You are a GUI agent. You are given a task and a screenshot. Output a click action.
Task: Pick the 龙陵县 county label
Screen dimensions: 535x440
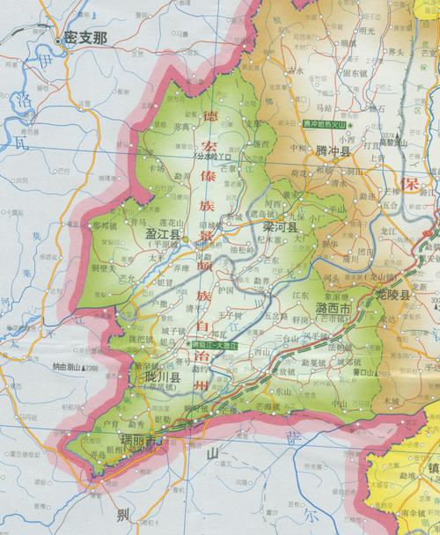click(393, 297)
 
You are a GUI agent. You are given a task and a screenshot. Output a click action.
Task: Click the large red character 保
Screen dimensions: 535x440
click(407, 184)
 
